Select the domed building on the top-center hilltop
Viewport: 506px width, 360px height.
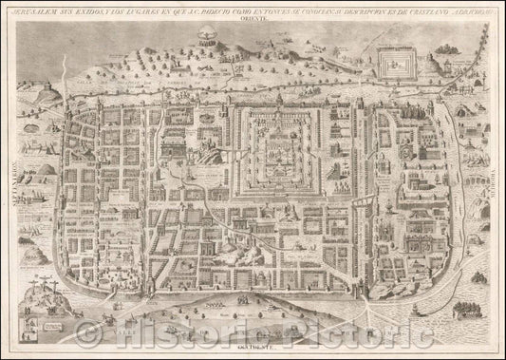[204, 35]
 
